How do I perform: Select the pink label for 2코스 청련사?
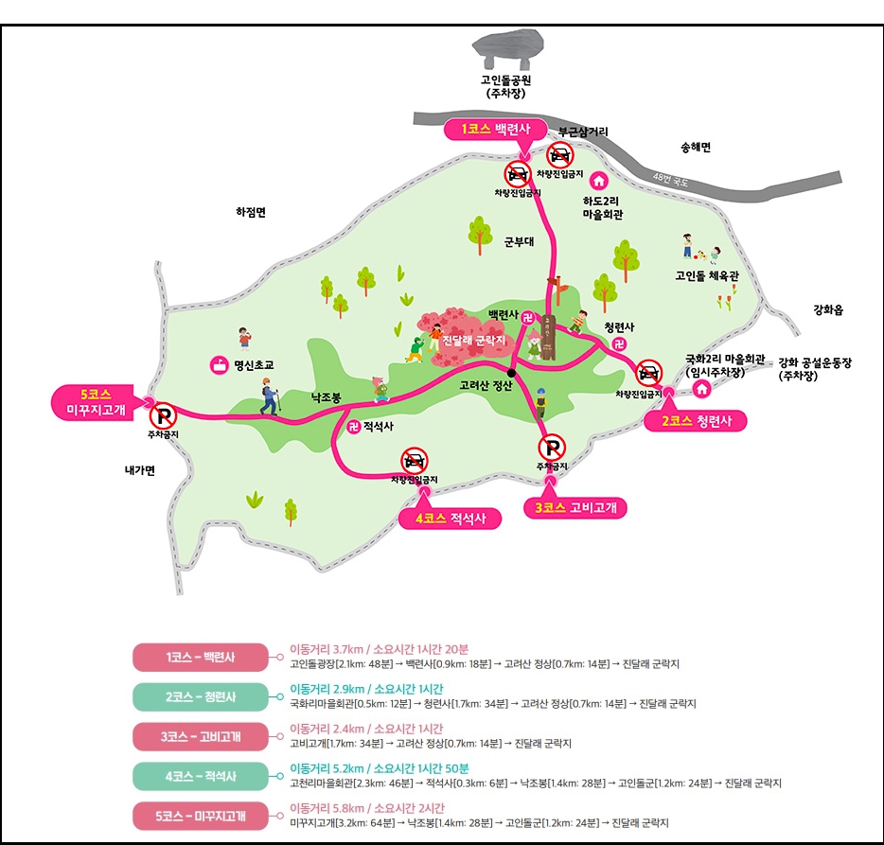tap(696, 421)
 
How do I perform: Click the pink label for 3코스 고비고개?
tap(575, 507)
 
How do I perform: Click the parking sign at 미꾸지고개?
tap(164, 414)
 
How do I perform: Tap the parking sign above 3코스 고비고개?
tap(552, 447)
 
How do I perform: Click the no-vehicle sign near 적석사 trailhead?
tap(414, 461)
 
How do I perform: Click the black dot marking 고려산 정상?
tap(510, 371)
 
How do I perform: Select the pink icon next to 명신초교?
tap(219, 364)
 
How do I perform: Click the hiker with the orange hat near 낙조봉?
tap(270, 395)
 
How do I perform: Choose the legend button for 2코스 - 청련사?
tap(201, 696)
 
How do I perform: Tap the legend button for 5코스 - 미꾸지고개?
tap(201, 815)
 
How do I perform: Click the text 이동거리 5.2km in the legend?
tap(328, 767)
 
